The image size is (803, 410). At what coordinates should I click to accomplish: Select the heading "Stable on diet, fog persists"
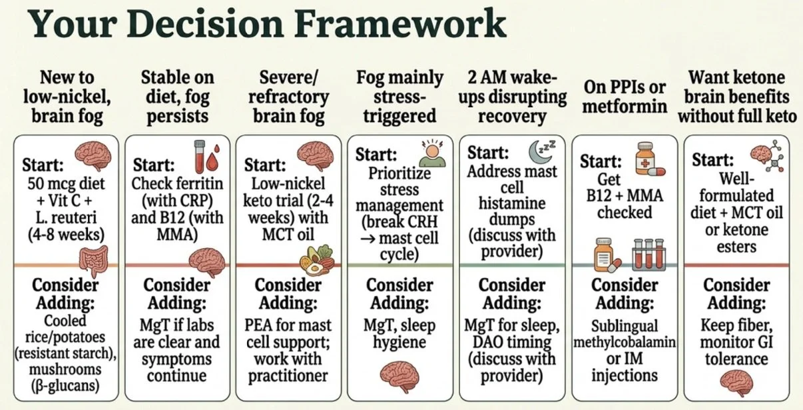pyautogui.click(x=176, y=97)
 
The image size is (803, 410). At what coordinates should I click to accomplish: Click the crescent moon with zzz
pyautogui.click(x=539, y=150)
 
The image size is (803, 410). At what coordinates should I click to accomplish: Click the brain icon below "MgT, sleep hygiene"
pyautogui.click(x=399, y=376)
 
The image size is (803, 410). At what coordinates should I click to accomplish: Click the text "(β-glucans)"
pyautogui.click(x=66, y=386)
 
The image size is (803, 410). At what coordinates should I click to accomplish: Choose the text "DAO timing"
pyautogui.click(x=511, y=341)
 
